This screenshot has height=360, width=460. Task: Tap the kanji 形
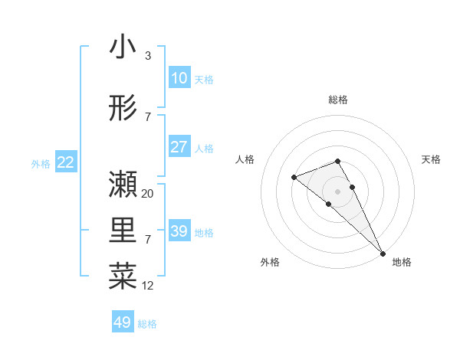[123, 108]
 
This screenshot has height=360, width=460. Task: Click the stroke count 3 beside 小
[147, 56]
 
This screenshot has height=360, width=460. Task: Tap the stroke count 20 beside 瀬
[148, 194]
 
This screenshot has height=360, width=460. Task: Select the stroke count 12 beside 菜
[148, 286]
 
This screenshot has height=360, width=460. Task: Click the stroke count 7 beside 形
[147, 117]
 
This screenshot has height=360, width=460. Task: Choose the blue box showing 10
[179, 77]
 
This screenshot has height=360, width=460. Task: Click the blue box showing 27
[179, 147]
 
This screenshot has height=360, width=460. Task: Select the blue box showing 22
[65, 162]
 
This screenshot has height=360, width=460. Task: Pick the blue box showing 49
[123, 322]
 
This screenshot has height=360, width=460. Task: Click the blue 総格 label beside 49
[147, 324]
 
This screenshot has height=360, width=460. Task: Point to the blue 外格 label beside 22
[41, 163]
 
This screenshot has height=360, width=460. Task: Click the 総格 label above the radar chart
[337, 100]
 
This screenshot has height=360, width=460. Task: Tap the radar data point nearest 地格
[382, 253]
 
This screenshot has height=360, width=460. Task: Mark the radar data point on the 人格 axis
[294, 178]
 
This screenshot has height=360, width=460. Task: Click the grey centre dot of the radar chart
[337, 191]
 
